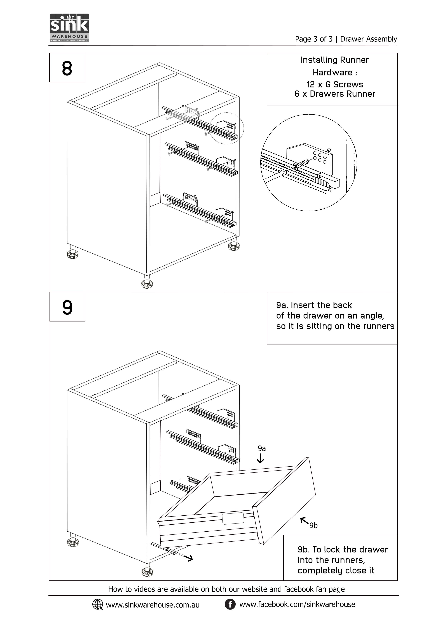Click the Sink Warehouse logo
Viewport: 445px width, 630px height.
tap(69, 28)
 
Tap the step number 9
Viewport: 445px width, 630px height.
tap(67, 308)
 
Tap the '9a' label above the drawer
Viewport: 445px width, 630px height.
tap(262, 448)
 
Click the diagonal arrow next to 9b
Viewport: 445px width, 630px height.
tap(304, 520)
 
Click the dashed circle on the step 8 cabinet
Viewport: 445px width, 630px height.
tap(227, 128)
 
